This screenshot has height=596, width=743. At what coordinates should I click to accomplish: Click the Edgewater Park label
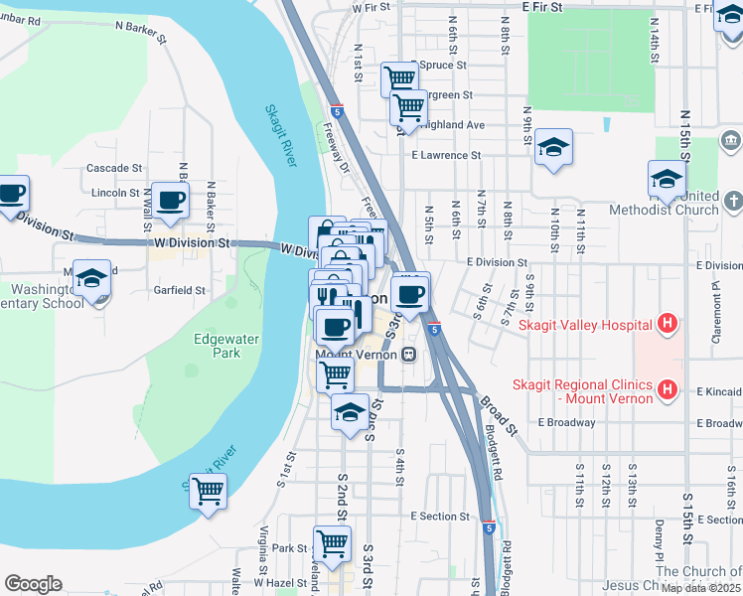pos(226,346)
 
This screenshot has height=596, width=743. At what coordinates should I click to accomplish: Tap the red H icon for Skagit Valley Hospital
pos(669,324)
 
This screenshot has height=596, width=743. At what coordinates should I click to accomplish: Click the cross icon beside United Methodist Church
pos(733,202)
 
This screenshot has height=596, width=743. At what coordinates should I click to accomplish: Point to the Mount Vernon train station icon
pos(408,355)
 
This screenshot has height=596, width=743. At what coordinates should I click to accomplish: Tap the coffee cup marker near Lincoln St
pos(170,200)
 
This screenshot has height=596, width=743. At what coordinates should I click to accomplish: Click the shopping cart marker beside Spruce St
pos(399,77)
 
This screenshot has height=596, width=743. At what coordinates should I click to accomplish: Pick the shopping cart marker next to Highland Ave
pos(408,107)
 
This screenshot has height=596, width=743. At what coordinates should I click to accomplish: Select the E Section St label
pos(440,517)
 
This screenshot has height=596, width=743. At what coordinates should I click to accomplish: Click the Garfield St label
pos(181,291)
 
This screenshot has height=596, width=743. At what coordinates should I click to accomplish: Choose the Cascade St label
pos(114,169)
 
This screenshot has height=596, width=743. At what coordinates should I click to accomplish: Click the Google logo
pos(33,584)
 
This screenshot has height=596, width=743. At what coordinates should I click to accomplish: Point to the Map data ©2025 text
pos(701,588)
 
